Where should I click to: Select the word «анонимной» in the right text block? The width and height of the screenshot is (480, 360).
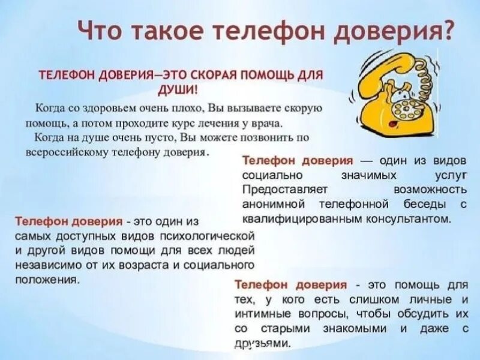coord(274,204)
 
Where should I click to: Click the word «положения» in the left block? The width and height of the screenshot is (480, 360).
coord(44,280)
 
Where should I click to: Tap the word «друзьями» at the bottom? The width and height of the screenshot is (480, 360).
coord(264,344)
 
